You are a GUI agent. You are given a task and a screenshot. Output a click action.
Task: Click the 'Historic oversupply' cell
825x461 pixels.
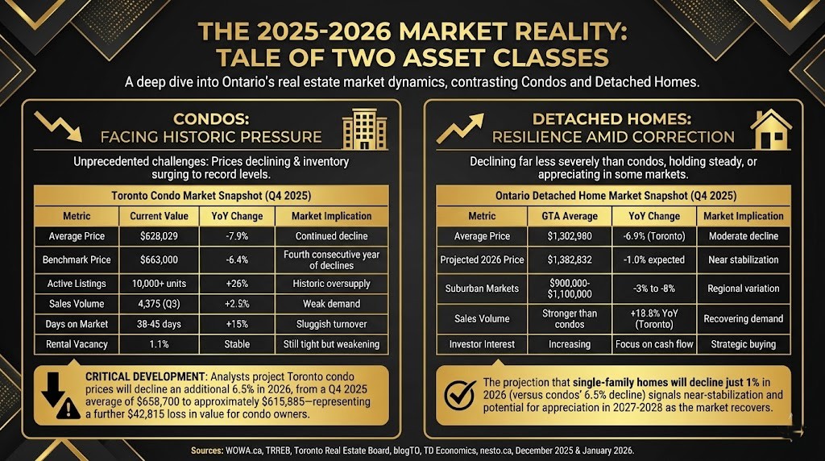pos(331,284)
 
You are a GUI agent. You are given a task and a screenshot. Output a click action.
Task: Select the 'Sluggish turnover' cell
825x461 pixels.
pos(331,324)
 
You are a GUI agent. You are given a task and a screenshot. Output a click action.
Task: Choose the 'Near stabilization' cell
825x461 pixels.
pos(743,260)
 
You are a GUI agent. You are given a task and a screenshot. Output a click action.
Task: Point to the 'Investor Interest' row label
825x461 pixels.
pos(482,344)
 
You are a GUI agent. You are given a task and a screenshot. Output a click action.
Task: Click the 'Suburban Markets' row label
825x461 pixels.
pos(482,288)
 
